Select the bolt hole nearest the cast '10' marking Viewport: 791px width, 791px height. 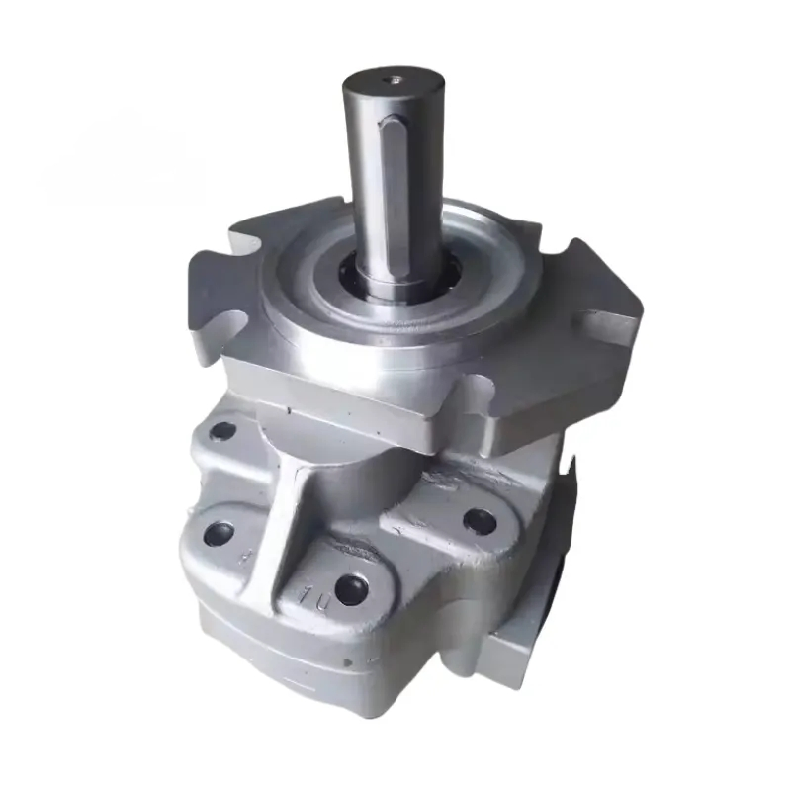(350, 590)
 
